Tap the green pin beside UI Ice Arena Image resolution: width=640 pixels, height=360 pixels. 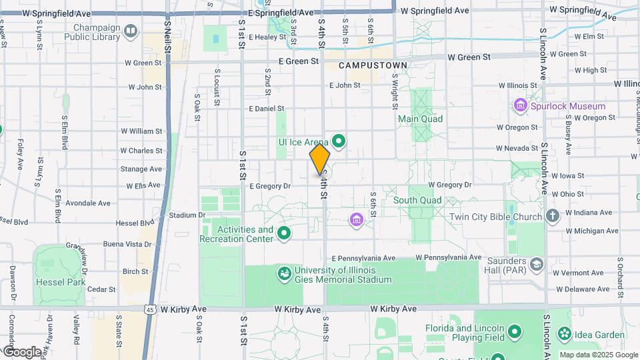tap(339, 141)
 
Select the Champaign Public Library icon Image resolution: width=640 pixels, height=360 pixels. tap(131, 31)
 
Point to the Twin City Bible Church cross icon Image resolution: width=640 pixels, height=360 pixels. tap(552, 216)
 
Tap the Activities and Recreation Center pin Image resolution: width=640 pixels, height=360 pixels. tap(285, 233)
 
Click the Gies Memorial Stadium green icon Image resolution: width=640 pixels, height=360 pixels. tap(285, 273)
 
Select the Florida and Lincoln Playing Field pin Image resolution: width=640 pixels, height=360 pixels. tap(514, 331)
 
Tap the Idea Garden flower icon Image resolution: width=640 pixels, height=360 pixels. tap(565, 333)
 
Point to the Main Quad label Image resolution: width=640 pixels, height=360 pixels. tap(420, 119)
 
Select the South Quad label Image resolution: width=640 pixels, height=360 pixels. tap(417, 200)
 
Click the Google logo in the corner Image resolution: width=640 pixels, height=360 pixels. tap(22, 351)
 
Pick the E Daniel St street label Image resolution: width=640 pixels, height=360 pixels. tap(266, 108)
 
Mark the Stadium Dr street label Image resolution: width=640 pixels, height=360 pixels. tap(187, 215)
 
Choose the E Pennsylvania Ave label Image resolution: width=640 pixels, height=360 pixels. tap(363, 258)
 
